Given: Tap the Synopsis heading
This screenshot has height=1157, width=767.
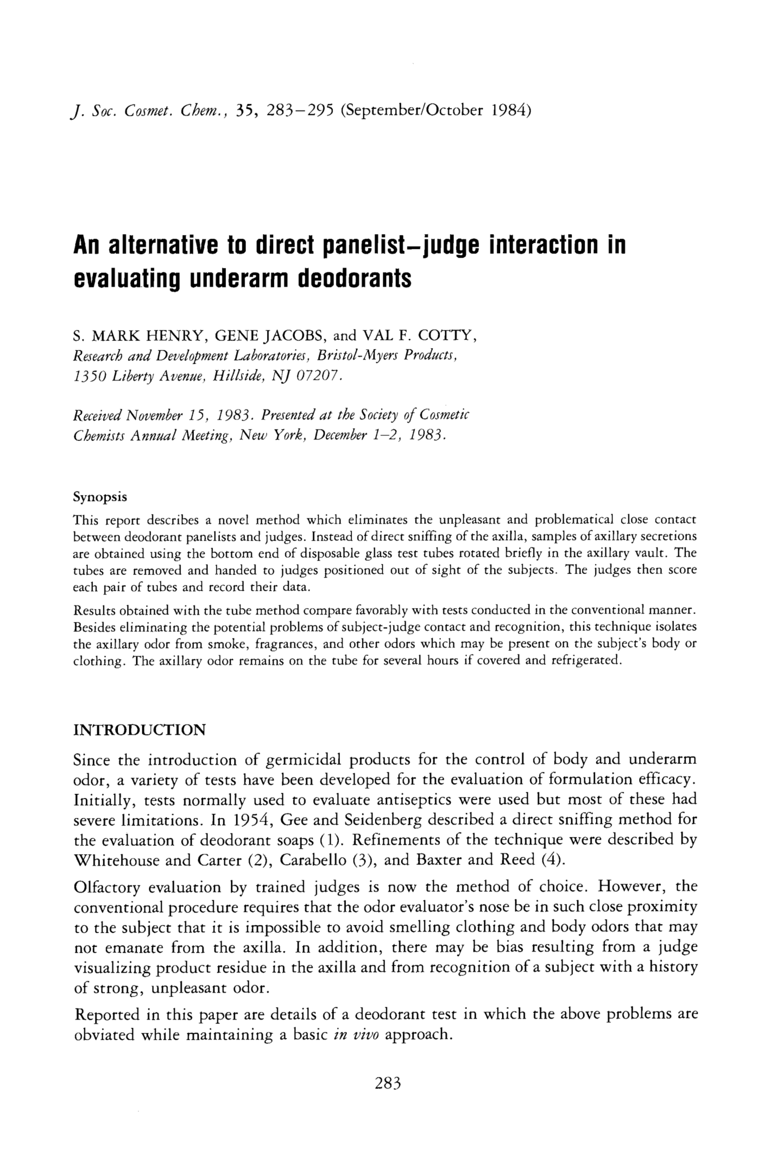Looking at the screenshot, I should pos(100,497).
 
